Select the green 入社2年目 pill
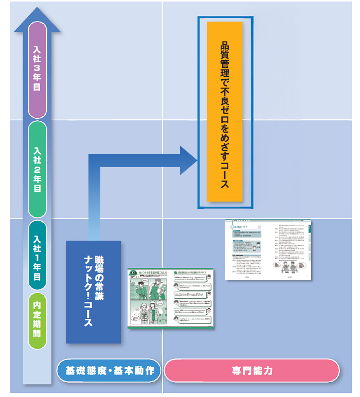pyautogui.click(x=37, y=170)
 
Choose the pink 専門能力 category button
pyautogui.click(x=251, y=371)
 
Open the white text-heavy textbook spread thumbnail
pyautogui.click(x=268, y=250)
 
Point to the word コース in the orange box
pyautogui.click(x=225, y=175)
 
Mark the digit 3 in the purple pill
pyautogui.click(x=37, y=67)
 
